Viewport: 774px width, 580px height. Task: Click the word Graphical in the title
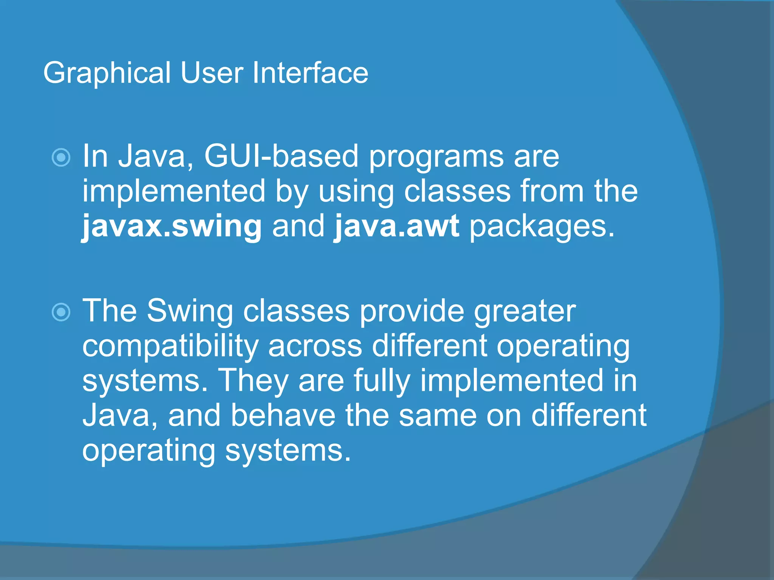pyautogui.click(x=107, y=73)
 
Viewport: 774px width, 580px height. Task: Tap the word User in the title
pyautogui.click(x=212, y=72)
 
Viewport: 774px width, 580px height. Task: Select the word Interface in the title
pyautogui.click(x=310, y=72)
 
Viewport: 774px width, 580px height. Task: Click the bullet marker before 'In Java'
pyautogui.click(x=61, y=157)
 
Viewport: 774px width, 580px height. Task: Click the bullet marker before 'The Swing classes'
pyautogui.click(x=61, y=312)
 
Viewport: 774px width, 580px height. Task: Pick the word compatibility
pyautogui.click(x=170, y=347)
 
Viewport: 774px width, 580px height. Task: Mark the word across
pyautogui.click(x=315, y=347)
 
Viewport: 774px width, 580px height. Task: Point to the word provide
pyautogui.click(x=412, y=312)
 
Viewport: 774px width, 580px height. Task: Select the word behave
pyautogui.click(x=283, y=415)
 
